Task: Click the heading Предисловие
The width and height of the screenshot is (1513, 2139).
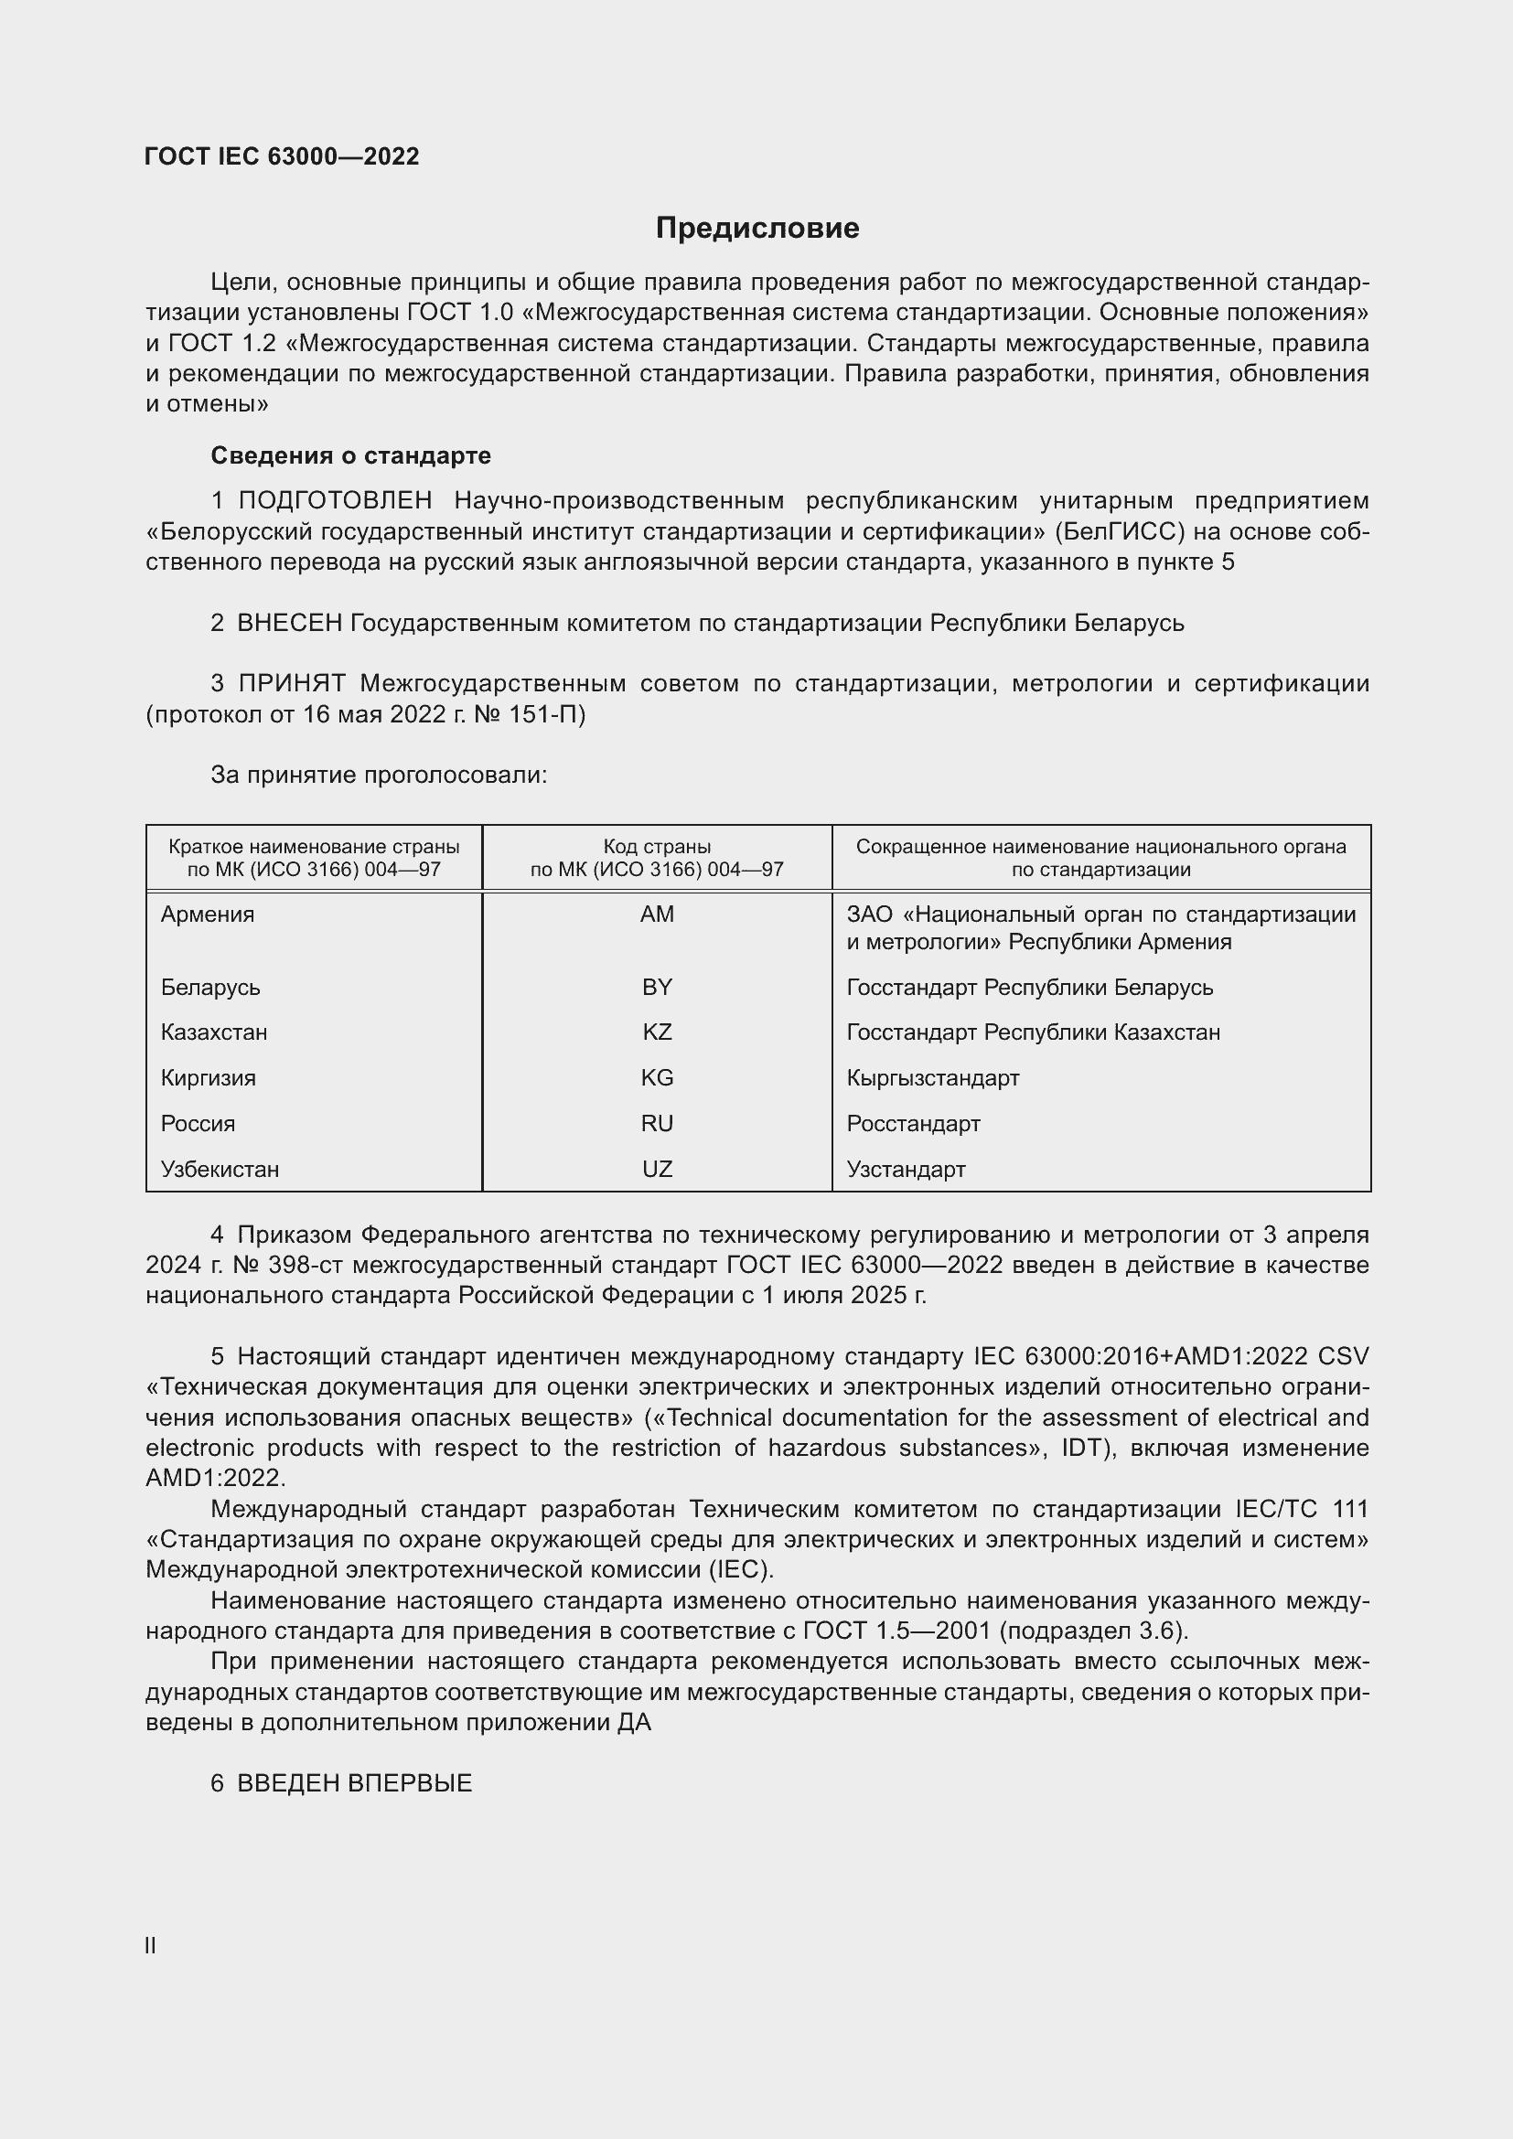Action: coord(756,229)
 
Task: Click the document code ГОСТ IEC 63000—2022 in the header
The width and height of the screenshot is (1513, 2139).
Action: coord(282,156)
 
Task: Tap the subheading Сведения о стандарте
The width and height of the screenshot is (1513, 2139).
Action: coord(350,455)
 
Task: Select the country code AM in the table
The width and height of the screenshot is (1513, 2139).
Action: coord(657,914)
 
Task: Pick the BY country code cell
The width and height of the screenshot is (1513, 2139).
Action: coord(657,987)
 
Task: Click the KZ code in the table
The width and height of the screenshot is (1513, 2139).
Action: coord(657,1032)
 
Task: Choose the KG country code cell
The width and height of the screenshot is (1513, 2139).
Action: coord(657,1078)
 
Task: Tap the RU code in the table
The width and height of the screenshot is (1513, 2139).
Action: coord(657,1124)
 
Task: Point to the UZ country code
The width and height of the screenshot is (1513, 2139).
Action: coord(657,1170)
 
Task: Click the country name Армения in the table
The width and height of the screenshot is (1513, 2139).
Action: coord(207,914)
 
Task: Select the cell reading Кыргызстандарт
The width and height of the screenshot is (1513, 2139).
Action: coord(932,1078)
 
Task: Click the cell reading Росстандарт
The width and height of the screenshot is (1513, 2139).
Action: coord(913,1124)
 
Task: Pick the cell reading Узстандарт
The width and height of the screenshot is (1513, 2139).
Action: coord(906,1170)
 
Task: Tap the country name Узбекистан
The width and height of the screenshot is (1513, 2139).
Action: coord(220,1170)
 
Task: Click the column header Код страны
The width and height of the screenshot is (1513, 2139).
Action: coord(657,847)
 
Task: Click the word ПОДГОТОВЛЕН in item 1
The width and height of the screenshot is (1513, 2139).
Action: coord(335,501)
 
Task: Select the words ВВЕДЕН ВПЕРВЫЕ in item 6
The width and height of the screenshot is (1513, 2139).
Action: coord(354,1783)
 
